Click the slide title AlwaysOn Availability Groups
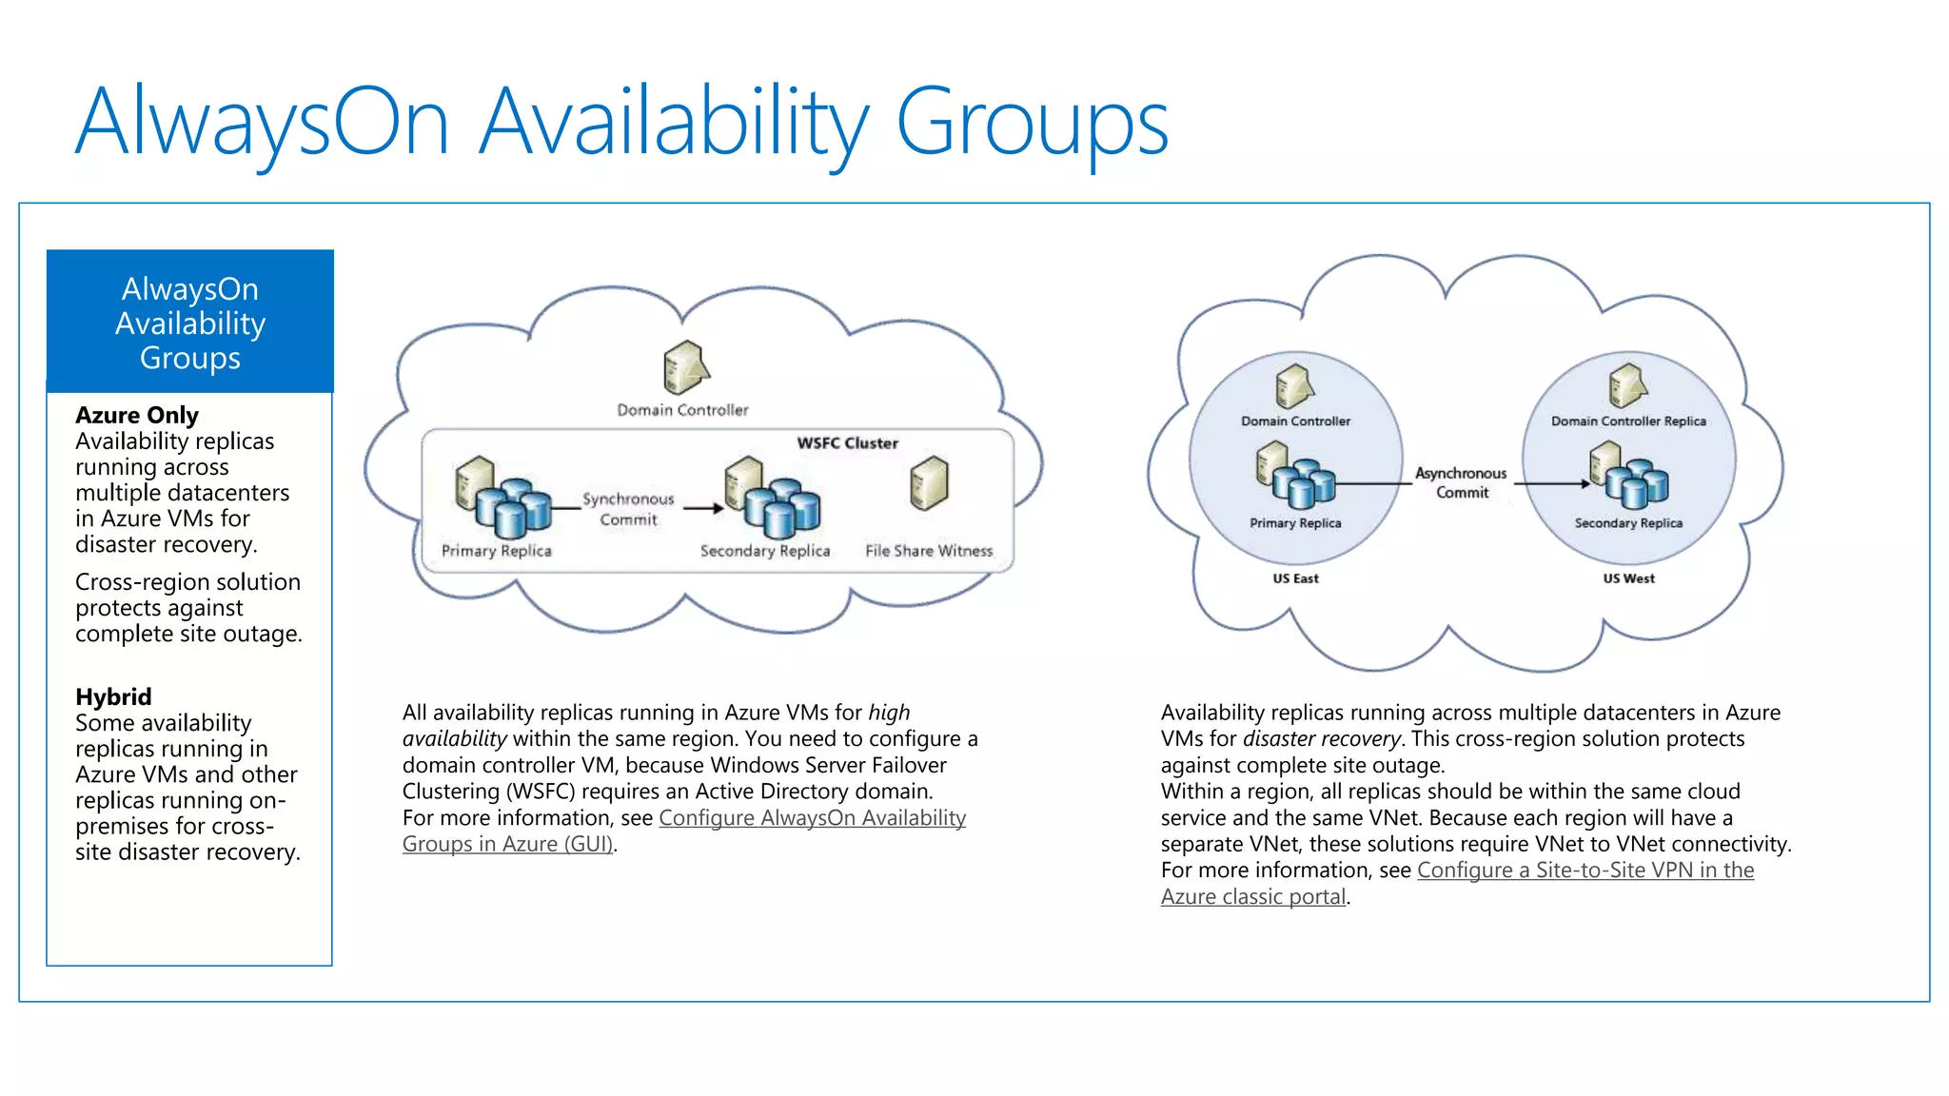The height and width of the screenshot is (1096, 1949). [x=621, y=122]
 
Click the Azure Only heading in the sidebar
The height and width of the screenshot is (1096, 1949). [x=137, y=416]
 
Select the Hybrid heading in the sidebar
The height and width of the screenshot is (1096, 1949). [x=113, y=696]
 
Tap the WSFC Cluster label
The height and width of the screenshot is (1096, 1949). [x=847, y=443]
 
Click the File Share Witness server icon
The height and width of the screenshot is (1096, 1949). [x=929, y=483]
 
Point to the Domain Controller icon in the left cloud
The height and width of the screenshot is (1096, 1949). [x=685, y=367]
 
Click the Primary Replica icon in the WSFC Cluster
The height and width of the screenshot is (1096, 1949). [x=502, y=495]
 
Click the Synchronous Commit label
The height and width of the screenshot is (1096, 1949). [x=628, y=509]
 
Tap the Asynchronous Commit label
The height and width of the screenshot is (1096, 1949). [x=1461, y=482]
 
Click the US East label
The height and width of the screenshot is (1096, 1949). [x=1295, y=578]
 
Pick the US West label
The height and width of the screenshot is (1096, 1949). [x=1628, y=578]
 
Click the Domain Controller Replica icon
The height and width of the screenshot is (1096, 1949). [x=1627, y=385]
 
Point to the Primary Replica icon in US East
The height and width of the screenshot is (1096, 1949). [x=1295, y=476]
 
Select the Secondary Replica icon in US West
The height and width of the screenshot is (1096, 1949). [x=1628, y=476]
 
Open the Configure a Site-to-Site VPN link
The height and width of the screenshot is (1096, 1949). [x=1585, y=871]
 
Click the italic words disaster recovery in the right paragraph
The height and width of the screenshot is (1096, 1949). [x=1321, y=739]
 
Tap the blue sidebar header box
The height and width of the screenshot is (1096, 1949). [x=190, y=322]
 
